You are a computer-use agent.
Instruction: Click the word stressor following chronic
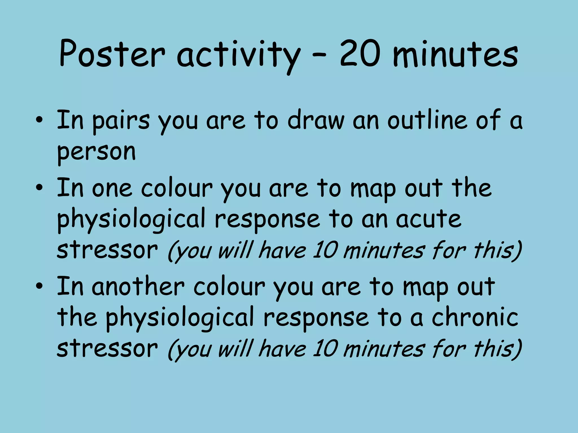pos(107,348)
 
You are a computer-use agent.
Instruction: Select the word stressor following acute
pos(107,250)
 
